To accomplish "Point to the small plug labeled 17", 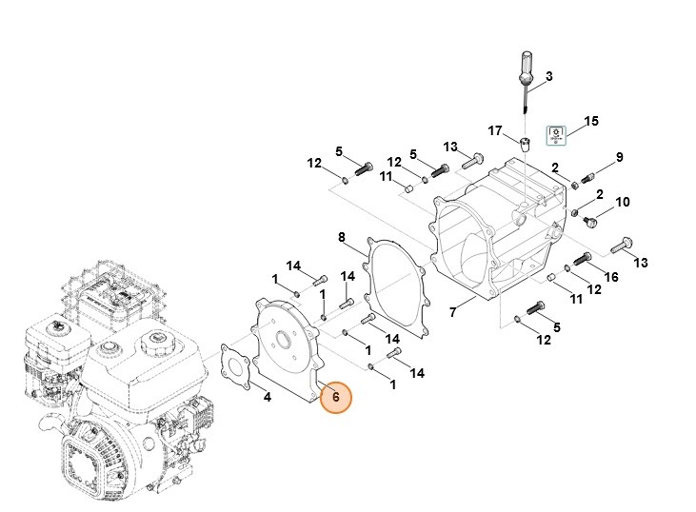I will pos(523,145).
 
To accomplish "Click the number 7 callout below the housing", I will pos(453,311).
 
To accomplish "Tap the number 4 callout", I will pos(268,396).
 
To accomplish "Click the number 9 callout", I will pos(619,157).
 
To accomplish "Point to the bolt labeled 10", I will pos(589,221).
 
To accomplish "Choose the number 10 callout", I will pos(623,203).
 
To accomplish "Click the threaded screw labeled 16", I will pos(582,258).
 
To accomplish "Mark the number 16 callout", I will pos(611,276).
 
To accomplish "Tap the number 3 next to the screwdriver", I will pos(548,75).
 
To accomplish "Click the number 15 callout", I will pos(591,121).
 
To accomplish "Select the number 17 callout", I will pos(494,129).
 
